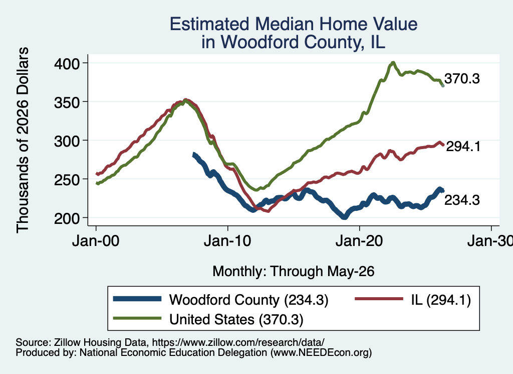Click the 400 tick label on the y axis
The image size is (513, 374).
[67, 64]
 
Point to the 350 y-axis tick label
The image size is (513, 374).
[67, 102]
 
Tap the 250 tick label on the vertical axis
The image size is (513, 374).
[67, 180]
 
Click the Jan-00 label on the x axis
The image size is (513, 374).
[96, 241]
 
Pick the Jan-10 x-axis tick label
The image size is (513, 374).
[227, 241]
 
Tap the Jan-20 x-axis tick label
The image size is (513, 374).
[359, 241]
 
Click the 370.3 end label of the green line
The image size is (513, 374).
[462, 79]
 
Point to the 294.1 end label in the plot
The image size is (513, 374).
[463, 147]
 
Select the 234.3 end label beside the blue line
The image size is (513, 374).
[462, 200]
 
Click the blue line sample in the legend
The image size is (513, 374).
[137, 299]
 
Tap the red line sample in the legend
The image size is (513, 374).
[379, 299]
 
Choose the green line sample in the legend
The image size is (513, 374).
[137, 318]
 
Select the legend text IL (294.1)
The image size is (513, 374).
[441, 300]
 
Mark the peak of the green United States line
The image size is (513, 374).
[393, 63]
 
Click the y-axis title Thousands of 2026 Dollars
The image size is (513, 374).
[23, 140]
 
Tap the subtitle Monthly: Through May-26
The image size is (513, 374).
[294, 272]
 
